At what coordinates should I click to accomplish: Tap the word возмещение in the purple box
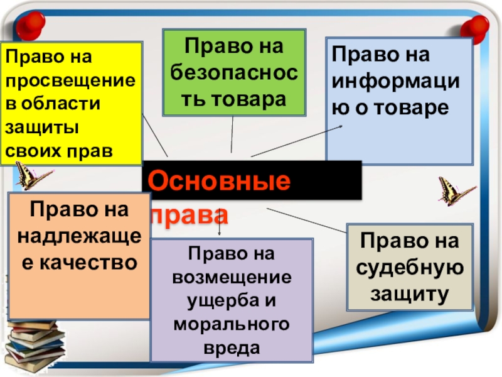233,277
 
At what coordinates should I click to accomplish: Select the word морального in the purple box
233,324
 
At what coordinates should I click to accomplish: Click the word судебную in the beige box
410,267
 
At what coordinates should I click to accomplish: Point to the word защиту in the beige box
410,292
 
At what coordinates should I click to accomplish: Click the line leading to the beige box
307,220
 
